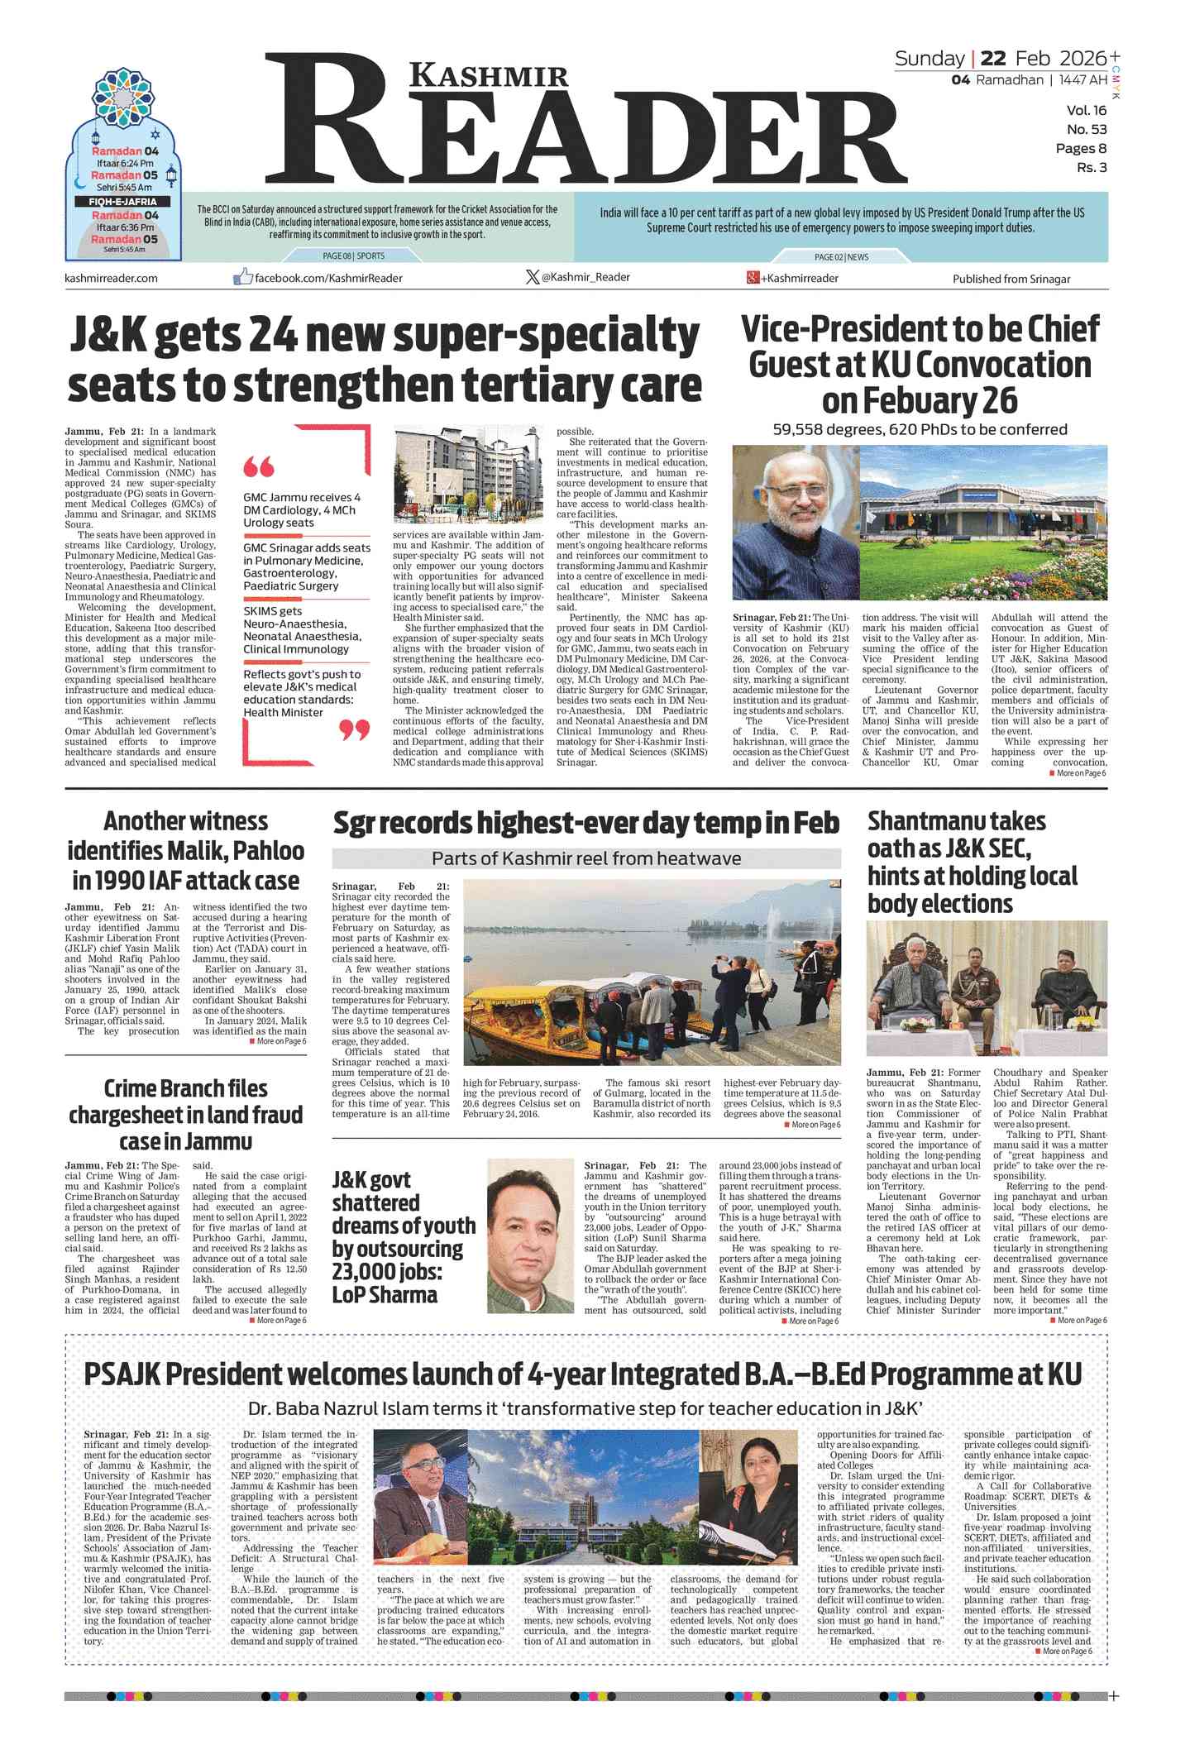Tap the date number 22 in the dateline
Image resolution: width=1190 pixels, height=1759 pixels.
992,59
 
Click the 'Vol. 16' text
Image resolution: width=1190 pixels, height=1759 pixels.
1086,111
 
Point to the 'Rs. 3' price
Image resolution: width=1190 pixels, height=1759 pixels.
1091,168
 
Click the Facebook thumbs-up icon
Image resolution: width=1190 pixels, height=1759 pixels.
242,277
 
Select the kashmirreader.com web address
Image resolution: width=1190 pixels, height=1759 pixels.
111,278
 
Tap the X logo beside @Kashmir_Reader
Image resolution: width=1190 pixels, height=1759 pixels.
533,277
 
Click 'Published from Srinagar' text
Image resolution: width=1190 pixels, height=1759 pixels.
1011,279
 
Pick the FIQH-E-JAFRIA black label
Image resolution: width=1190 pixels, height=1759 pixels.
122,202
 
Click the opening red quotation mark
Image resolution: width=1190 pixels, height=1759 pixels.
259,467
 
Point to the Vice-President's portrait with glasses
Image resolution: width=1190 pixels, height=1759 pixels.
795,523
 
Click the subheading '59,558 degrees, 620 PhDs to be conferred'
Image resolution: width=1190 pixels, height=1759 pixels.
920,429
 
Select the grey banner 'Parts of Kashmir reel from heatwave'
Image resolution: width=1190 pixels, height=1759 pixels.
585,858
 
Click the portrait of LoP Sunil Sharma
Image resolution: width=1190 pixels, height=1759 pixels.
530,1236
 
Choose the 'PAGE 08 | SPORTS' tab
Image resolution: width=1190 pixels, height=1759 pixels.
354,256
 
